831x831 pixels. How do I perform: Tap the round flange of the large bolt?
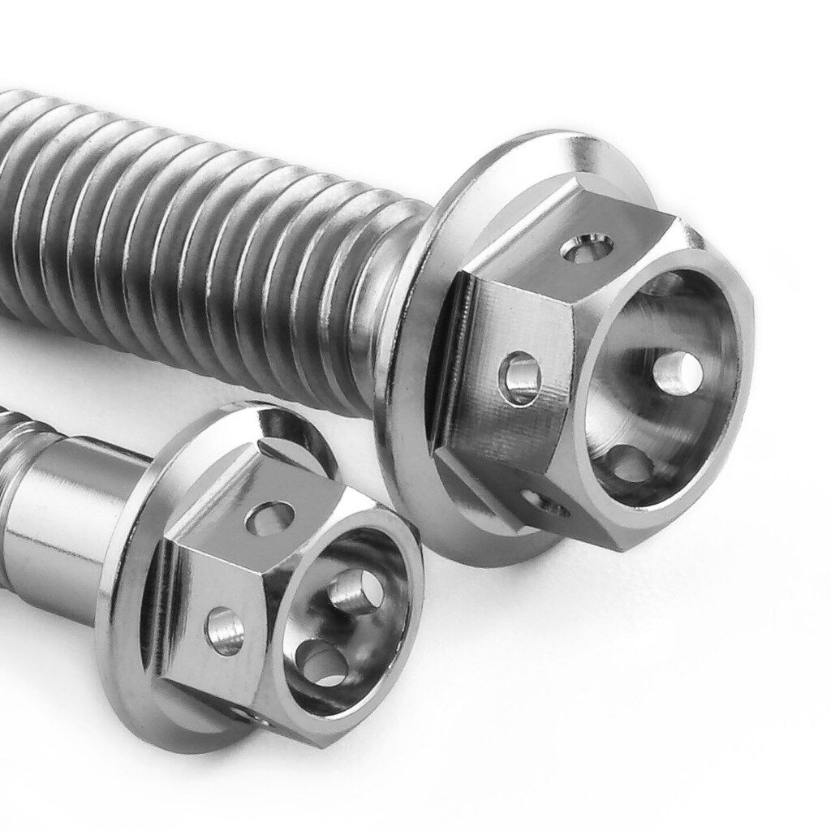click(414, 454)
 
